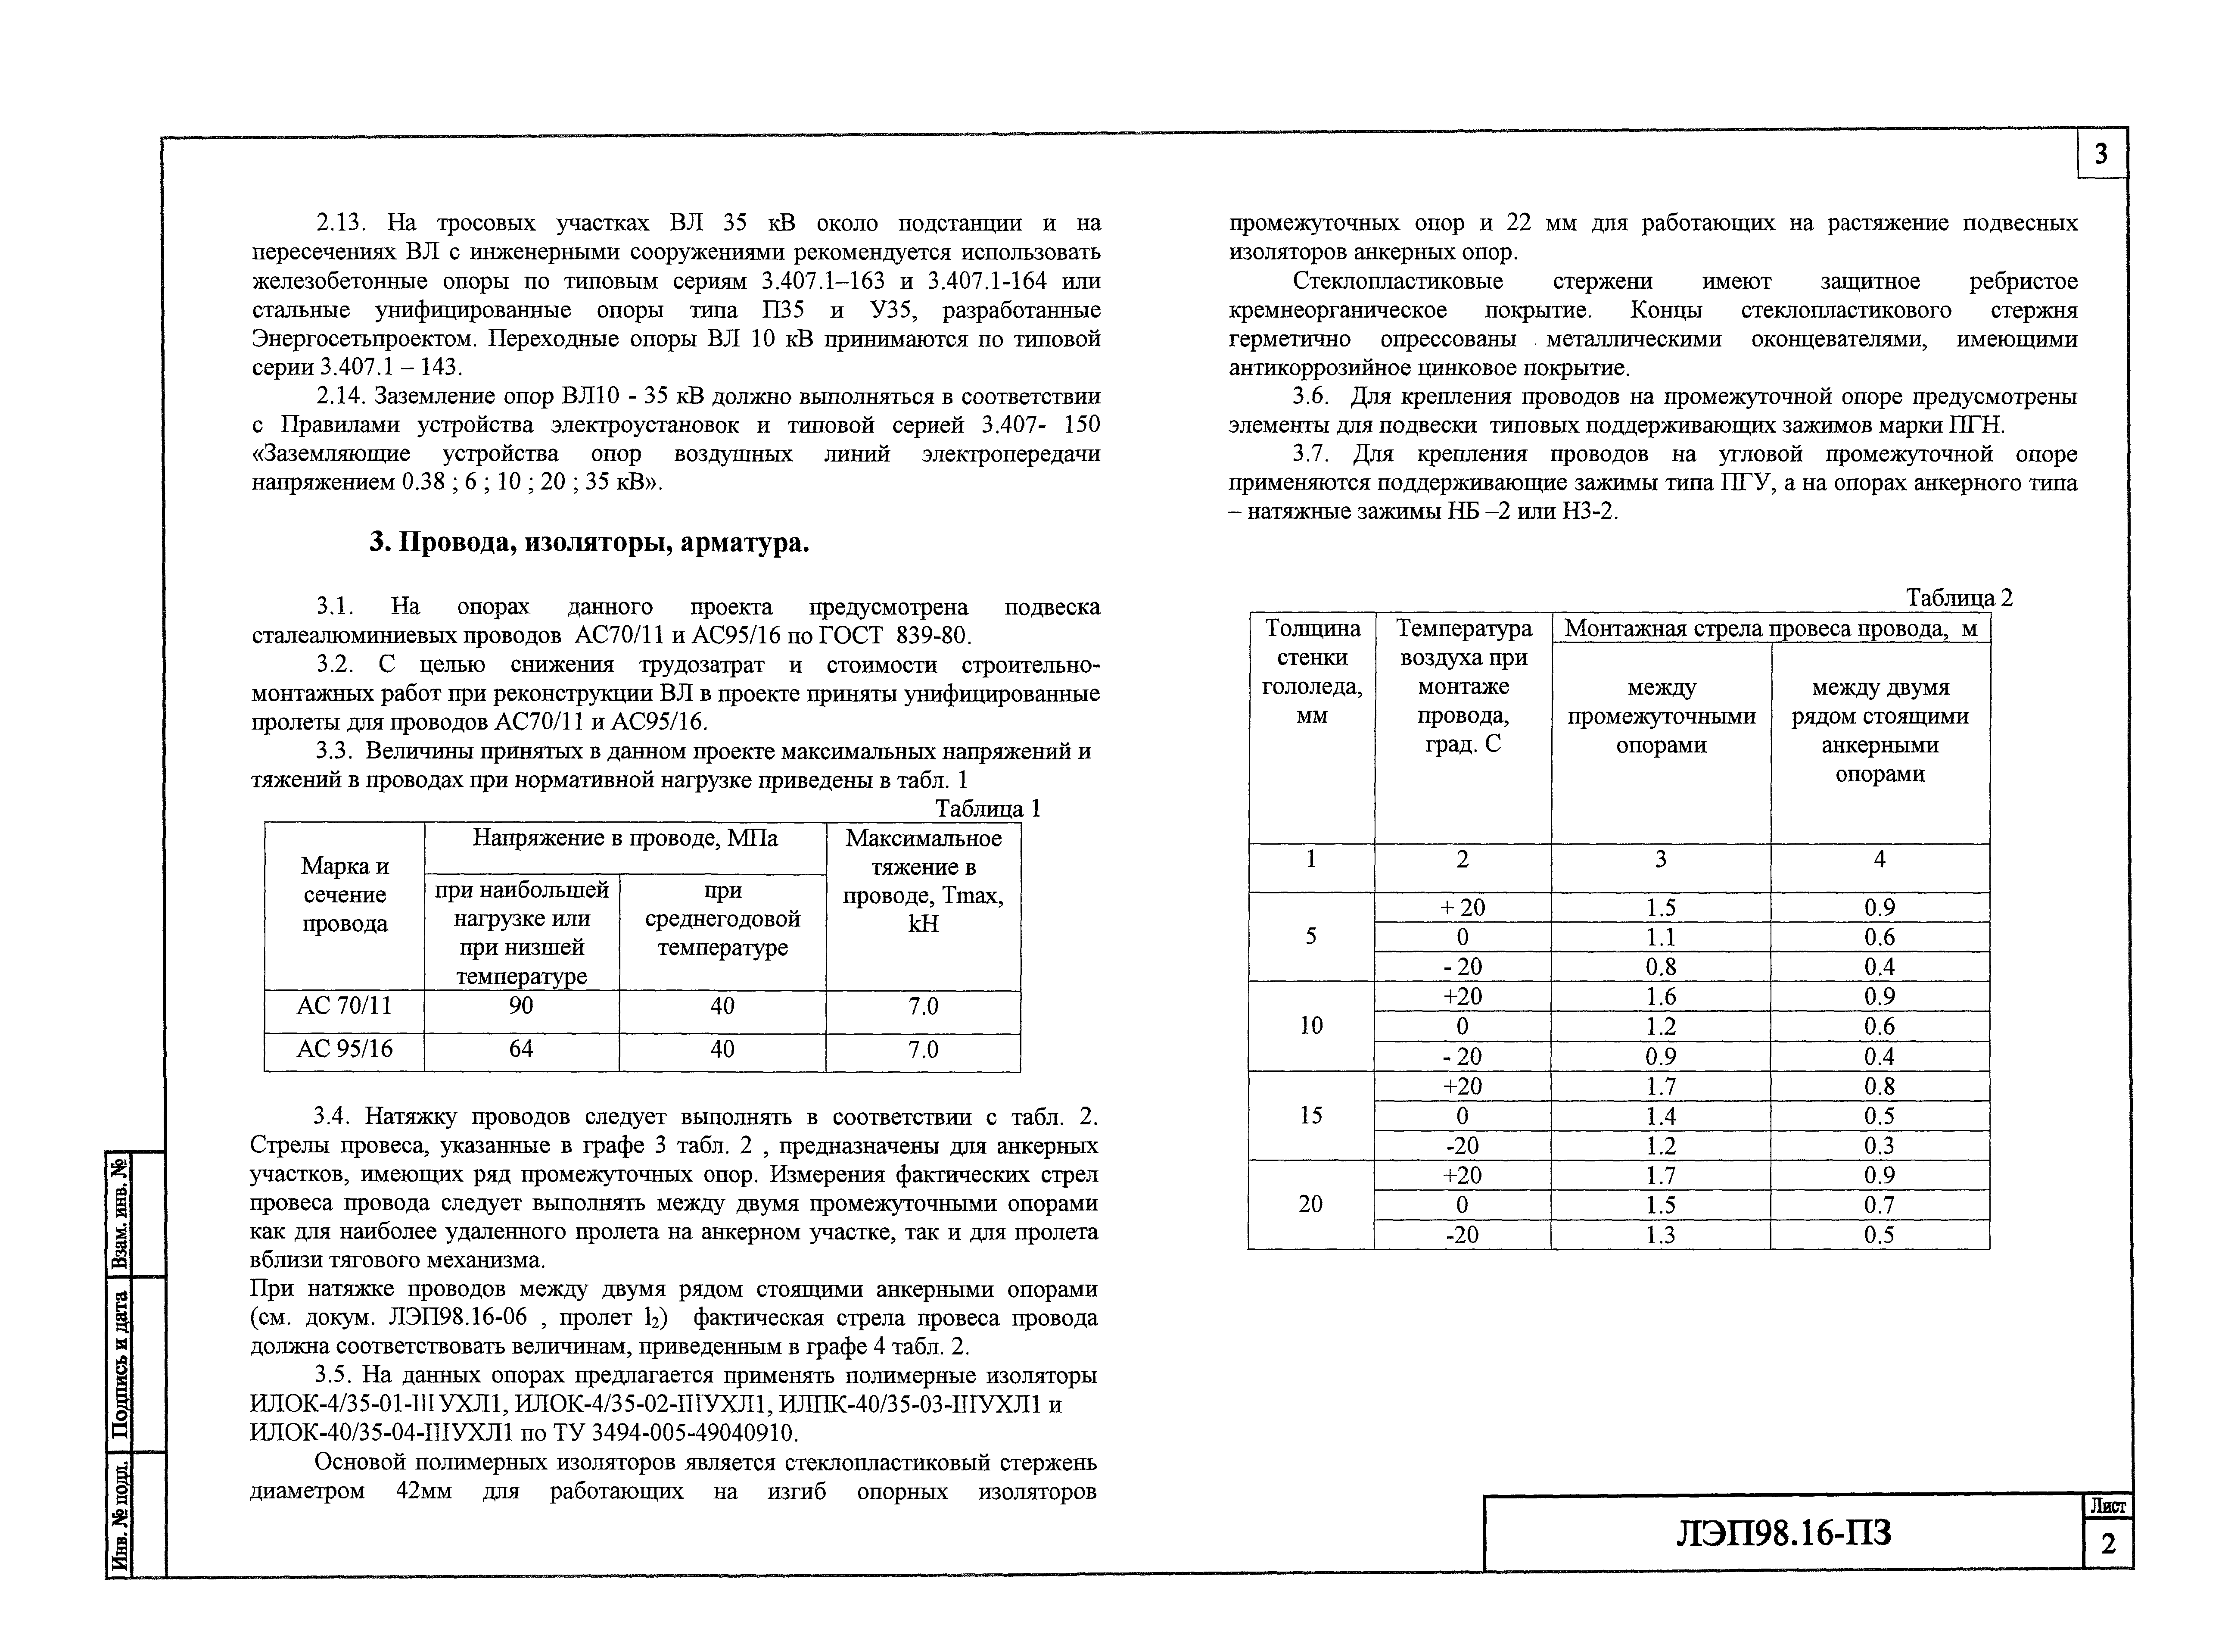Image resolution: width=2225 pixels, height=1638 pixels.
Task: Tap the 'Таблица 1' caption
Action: (987, 808)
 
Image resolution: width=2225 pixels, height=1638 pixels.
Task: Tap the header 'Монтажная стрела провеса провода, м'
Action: (1770, 629)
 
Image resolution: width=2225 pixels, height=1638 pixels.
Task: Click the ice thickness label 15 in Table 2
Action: (1310, 1115)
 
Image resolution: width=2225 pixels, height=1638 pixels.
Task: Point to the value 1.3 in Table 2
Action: (1660, 1235)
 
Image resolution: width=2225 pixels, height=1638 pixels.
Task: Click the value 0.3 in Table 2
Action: (1879, 1145)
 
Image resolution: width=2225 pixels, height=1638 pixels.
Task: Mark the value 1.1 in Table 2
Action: (1660, 937)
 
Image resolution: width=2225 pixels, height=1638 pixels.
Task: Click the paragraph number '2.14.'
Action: (341, 396)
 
